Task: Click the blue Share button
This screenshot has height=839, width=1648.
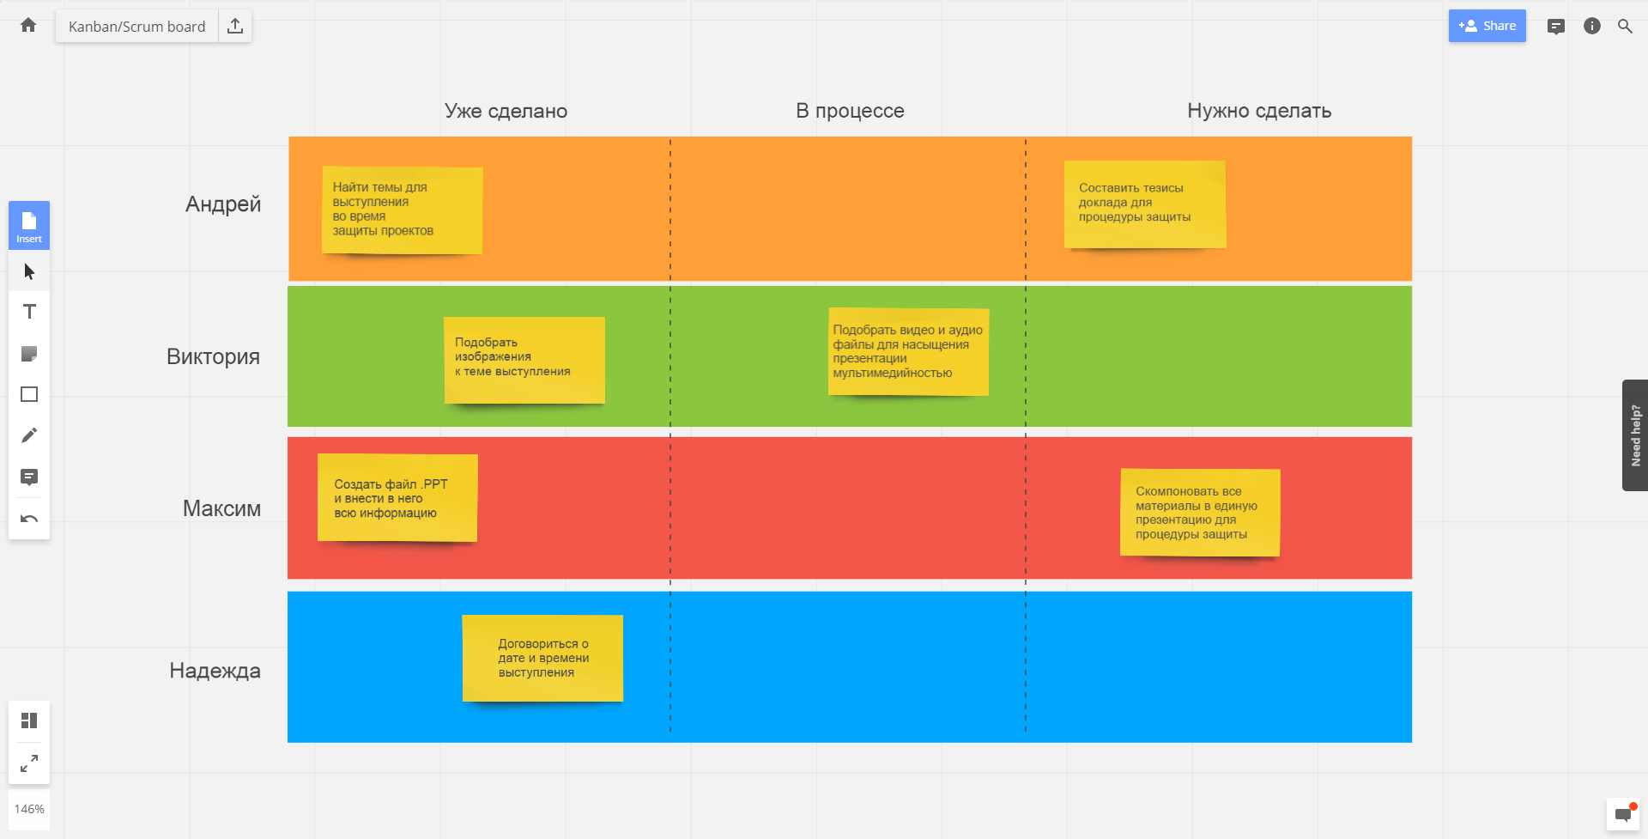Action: (1487, 26)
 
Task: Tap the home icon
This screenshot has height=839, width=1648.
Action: (28, 25)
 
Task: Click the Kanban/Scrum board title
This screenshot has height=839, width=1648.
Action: (137, 27)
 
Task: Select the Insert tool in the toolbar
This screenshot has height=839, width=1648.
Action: (29, 226)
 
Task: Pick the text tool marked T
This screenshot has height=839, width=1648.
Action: (29, 312)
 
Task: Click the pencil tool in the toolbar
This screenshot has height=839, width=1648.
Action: (29, 435)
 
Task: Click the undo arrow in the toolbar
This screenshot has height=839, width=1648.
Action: (29, 519)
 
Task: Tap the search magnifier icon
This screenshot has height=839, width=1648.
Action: (1625, 26)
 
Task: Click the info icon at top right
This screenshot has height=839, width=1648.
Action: (1592, 26)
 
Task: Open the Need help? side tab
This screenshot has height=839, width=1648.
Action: (1635, 435)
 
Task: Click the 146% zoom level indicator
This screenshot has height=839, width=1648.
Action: (29, 809)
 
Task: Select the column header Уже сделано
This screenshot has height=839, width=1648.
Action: (506, 111)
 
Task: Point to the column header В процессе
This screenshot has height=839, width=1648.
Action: (850, 111)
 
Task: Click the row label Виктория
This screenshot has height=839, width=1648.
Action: (213, 356)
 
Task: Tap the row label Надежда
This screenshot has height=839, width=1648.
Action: (215, 671)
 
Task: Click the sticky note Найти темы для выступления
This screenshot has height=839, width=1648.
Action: (402, 210)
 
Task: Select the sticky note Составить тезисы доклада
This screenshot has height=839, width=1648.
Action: (1145, 204)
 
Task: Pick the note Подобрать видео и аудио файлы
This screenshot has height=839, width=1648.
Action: (908, 352)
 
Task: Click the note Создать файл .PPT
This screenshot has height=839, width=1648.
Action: (397, 498)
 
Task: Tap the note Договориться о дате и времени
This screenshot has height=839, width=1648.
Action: (542, 659)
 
